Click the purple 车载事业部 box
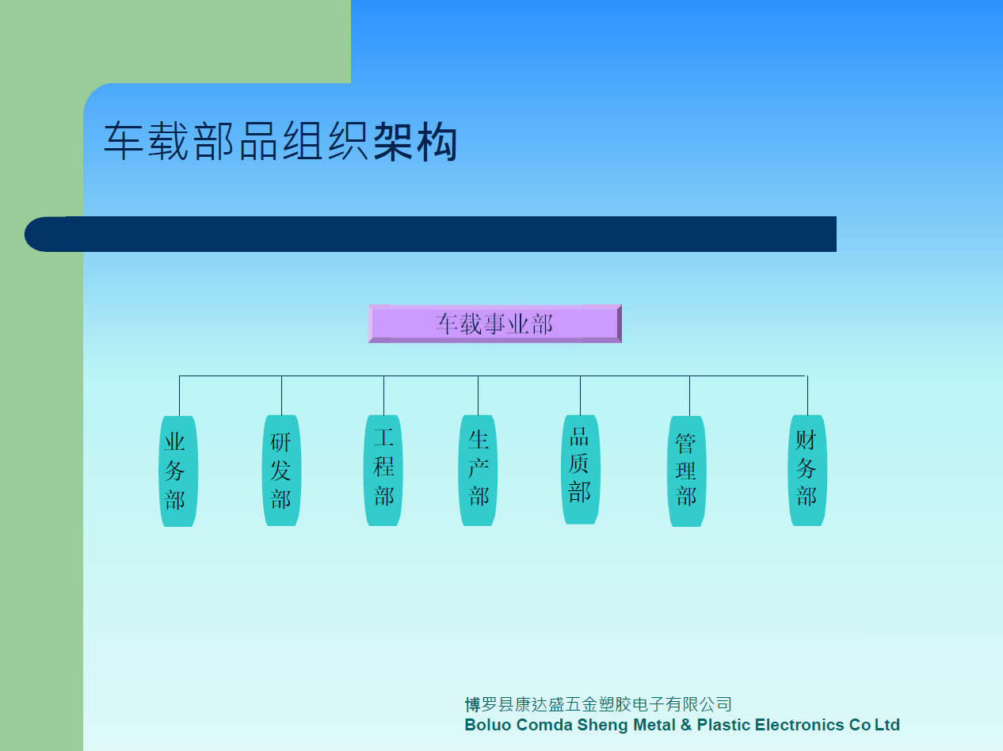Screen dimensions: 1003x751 tap(495, 323)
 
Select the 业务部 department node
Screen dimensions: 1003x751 tap(178, 471)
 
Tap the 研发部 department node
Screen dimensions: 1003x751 tap(281, 471)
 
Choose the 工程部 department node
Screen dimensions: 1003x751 tap(383, 471)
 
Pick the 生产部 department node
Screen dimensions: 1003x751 tap(478, 471)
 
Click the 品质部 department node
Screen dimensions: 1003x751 tap(580, 470)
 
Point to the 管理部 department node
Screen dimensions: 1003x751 tap(687, 471)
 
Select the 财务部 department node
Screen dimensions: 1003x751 tap(807, 471)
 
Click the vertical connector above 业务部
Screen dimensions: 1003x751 tap(180, 395)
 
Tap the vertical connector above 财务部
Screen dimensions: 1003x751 tap(807, 395)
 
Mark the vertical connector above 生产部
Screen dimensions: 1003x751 tap(478, 395)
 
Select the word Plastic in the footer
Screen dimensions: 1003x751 tap(723, 725)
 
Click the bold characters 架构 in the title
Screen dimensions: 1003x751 tap(415, 142)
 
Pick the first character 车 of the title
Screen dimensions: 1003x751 tap(124, 141)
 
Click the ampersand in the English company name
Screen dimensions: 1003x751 tap(685, 725)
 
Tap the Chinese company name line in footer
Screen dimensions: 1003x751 tap(598, 704)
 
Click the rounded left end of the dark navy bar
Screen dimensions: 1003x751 tap(34, 234)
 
